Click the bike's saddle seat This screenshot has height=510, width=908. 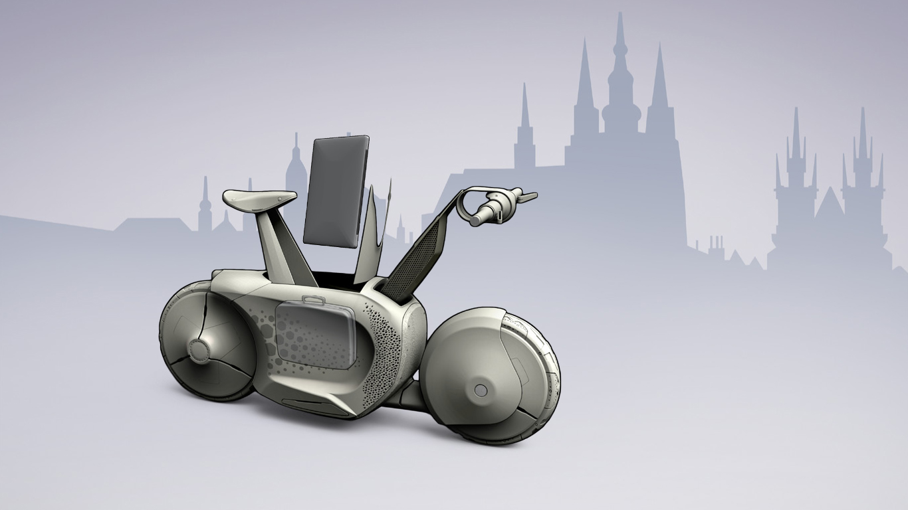[x=259, y=197]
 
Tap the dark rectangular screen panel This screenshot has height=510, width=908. [x=336, y=191]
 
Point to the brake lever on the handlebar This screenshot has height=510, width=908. [x=527, y=197]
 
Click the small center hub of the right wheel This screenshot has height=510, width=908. [x=481, y=390]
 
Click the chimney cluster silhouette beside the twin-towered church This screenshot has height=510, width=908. [x=717, y=247]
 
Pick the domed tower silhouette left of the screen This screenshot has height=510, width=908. [x=296, y=173]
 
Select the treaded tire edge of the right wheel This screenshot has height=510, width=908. [x=548, y=372]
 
